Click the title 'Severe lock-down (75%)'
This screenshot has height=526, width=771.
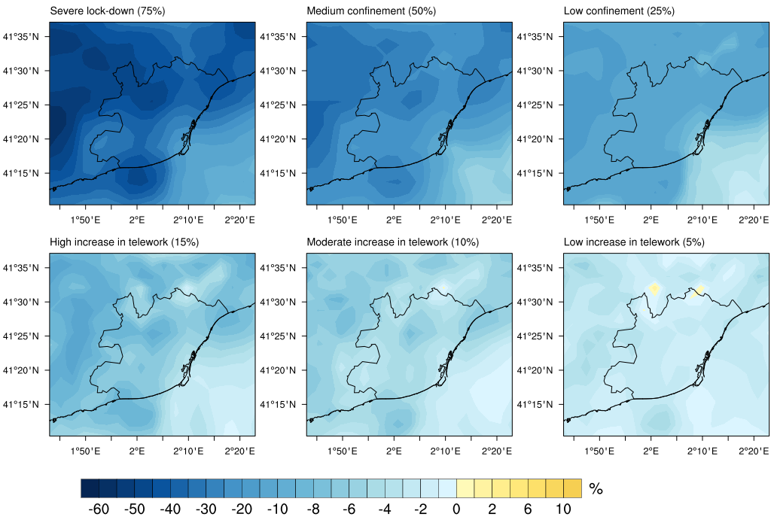tap(107, 11)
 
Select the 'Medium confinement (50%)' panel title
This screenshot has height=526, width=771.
tap(371, 11)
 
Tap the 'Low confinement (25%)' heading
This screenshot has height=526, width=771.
tap(619, 11)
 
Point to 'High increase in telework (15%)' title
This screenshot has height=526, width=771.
tap(124, 242)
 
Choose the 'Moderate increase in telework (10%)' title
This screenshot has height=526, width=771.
tap(393, 242)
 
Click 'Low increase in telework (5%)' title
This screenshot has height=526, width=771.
tap(634, 242)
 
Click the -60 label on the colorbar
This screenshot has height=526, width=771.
tap(99, 509)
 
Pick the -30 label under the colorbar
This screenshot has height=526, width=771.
tap(206, 509)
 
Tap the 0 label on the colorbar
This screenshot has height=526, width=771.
tap(457, 509)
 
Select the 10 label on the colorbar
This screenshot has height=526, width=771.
tap(563, 509)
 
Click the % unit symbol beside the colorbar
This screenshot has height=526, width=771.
tap(596, 488)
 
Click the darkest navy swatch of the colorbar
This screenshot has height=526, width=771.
tap(90, 488)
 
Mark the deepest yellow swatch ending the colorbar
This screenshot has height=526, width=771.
tap(572, 488)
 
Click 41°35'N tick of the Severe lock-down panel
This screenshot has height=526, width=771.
tap(21, 36)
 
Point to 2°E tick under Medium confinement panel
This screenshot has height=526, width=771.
tap(394, 220)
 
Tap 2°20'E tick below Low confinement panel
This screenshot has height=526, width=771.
tap(754, 220)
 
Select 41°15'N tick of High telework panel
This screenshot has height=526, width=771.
tap(21, 405)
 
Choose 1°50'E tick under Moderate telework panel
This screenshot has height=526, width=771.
tap(343, 451)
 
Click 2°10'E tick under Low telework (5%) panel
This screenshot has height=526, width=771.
tap(702, 451)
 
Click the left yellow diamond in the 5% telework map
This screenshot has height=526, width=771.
tap(654, 288)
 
